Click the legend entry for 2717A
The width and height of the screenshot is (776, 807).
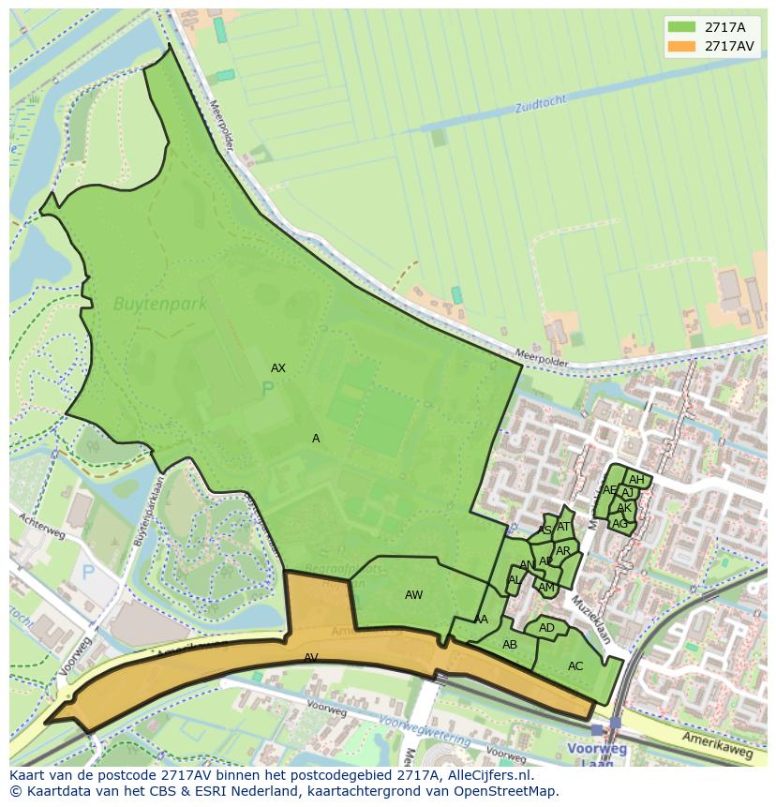(x=724, y=27)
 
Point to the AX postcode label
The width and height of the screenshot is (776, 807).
(x=278, y=368)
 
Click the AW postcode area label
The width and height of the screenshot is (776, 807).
(x=413, y=595)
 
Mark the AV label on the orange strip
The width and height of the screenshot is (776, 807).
(x=311, y=658)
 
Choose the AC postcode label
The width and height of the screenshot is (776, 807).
(x=575, y=666)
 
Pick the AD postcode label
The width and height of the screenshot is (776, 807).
(x=546, y=628)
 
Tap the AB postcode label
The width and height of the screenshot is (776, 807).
(x=510, y=645)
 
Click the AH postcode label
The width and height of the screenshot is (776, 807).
(x=636, y=480)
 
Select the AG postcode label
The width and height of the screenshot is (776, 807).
(x=619, y=524)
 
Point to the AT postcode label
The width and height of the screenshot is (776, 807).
(x=563, y=527)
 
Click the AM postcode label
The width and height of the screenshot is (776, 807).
(x=546, y=588)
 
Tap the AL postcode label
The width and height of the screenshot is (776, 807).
(x=514, y=580)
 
